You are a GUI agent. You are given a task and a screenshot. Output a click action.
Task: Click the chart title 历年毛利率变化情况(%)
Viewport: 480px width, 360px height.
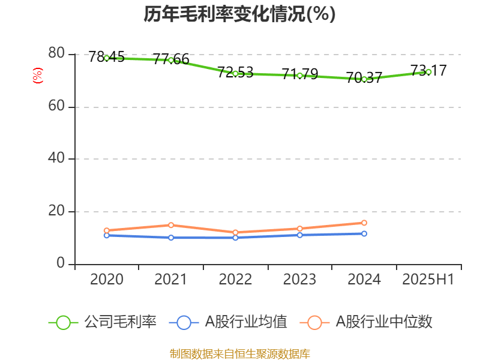pos(239,14)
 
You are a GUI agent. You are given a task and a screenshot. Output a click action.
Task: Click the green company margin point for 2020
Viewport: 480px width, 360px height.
pos(107,58)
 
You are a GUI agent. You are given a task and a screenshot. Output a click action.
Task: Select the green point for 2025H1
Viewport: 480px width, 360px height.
pos(428,72)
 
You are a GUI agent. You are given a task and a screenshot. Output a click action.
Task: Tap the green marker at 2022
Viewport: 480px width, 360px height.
pos(235,73)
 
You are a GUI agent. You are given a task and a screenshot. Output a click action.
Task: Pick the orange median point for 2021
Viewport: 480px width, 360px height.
pos(171,225)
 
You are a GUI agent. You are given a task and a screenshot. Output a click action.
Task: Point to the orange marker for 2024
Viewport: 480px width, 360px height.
pos(364,223)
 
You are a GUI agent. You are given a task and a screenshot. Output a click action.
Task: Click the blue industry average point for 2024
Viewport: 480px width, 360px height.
pos(364,233)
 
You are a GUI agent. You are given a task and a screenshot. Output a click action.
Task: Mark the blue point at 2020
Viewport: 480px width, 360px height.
pos(107,235)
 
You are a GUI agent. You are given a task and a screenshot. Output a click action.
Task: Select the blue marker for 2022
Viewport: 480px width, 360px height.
pos(235,238)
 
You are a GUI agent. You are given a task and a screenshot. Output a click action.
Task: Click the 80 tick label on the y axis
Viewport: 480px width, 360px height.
pos(57,53)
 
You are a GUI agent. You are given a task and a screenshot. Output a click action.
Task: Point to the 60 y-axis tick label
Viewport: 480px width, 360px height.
pos(57,106)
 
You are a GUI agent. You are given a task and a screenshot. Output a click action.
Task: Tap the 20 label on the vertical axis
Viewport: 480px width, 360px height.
pos(57,211)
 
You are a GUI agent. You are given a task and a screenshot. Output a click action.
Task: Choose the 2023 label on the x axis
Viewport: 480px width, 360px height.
pos(299,280)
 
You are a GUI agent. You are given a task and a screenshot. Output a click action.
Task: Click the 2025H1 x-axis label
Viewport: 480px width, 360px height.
pos(428,280)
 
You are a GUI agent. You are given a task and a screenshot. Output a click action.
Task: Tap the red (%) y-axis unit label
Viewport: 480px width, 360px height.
pos(38,76)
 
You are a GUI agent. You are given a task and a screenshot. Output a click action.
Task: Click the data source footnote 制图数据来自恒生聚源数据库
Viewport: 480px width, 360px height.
pos(239,353)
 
